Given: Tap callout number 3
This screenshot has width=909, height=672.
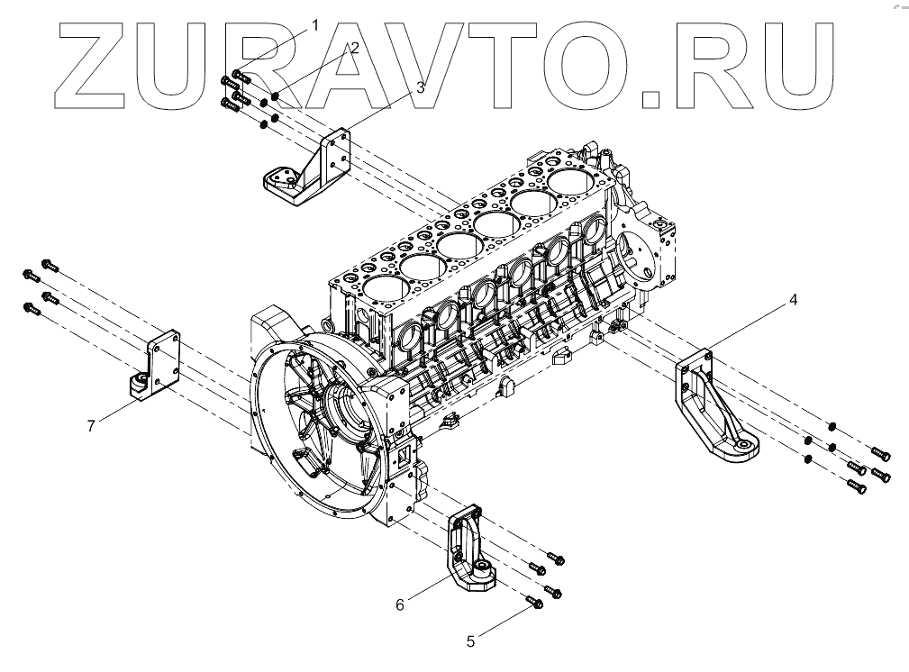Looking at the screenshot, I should pos(419,87).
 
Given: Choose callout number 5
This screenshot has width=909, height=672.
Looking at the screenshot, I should pos(470,641).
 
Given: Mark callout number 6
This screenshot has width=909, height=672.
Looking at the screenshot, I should pos(400,604).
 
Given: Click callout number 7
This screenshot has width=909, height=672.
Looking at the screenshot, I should pos(91,425).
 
